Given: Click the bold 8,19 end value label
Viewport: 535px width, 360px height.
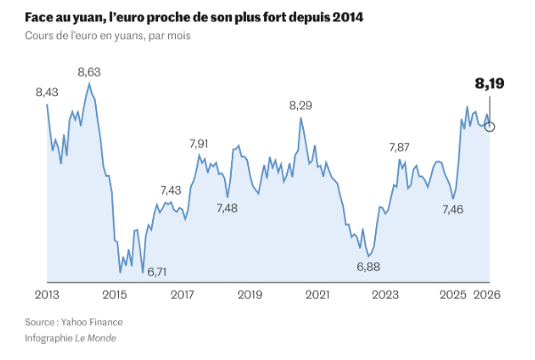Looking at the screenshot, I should pyautogui.click(x=490, y=85).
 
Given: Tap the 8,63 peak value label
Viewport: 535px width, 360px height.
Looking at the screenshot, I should pyautogui.click(x=89, y=72).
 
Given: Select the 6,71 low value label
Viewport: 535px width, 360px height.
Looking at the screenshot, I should pyautogui.click(x=157, y=271).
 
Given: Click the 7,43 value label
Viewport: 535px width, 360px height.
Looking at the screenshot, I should pyautogui.click(x=170, y=190).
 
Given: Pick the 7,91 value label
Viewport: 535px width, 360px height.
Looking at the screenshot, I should pyautogui.click(x=199, y=144).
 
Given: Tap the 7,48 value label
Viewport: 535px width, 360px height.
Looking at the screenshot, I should pyautogui.click(x=227, y=208).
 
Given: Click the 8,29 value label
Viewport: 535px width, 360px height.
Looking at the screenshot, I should pyautogui.click(x=301, y=106).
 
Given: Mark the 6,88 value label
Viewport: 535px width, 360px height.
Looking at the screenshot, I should pyautogui.click(x=368, y=267).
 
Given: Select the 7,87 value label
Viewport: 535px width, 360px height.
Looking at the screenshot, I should pyautogui.click(x=400, y=148).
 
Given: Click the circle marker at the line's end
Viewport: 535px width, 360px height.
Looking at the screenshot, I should pyautogui.click(x=490, y=126).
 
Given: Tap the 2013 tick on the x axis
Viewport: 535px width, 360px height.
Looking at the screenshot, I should pyautogui.click(x=46, y=295).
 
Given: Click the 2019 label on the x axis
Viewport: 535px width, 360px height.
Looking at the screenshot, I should pyautogui.click(x=250, y=295).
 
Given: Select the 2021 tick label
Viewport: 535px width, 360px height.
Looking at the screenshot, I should pyautogui.click(x=317, y=295).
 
